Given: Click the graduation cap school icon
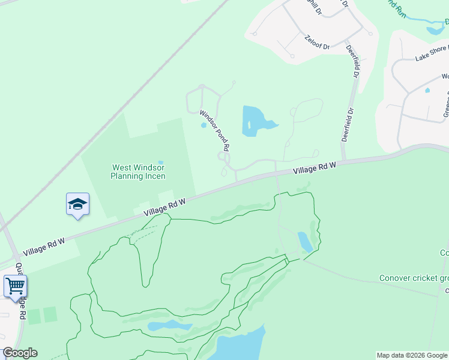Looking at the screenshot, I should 77,205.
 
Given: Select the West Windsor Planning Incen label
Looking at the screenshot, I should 138,172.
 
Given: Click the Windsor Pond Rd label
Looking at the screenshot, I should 215,130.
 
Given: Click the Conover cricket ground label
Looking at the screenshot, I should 414,278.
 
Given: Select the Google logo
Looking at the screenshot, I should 20,353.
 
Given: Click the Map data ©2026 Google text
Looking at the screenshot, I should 412,355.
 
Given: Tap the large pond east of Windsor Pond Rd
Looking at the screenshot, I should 255,120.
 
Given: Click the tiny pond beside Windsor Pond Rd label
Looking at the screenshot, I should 203,125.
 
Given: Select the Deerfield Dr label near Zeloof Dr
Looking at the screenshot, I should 352,60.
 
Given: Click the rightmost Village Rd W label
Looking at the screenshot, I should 314,169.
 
